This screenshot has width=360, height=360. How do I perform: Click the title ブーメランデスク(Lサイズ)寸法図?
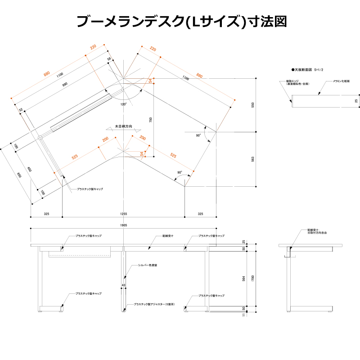pos(180,22)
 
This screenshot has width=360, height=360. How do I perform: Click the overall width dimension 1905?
pos(124,225)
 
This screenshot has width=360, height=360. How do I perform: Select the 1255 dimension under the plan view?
pos(124,214)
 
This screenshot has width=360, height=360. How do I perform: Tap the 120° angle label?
pos(123,104)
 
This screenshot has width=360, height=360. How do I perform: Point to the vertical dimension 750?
pos(151,120)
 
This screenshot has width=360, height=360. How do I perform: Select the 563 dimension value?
pos(253,159)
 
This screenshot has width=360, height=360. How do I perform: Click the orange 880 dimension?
pos(47,74)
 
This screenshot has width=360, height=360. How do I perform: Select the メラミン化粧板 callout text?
pos(341,81)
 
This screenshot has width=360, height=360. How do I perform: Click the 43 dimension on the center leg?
pos(123,285)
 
